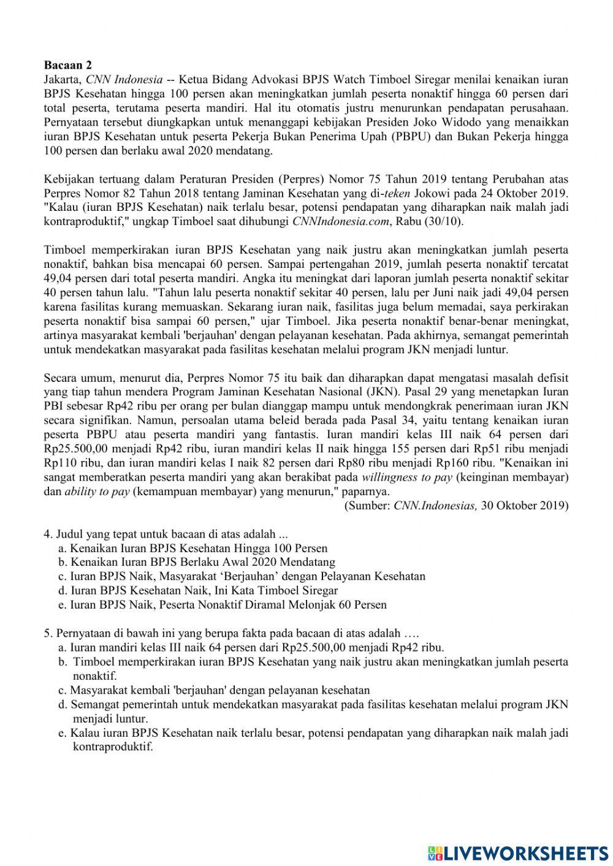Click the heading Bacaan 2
[67, 65]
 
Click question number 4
[48, 534]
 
